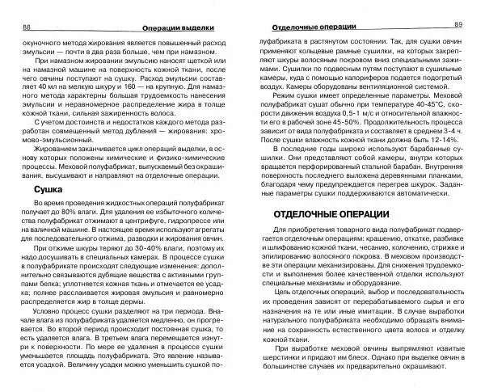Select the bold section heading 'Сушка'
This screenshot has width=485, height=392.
click(38, 210)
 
